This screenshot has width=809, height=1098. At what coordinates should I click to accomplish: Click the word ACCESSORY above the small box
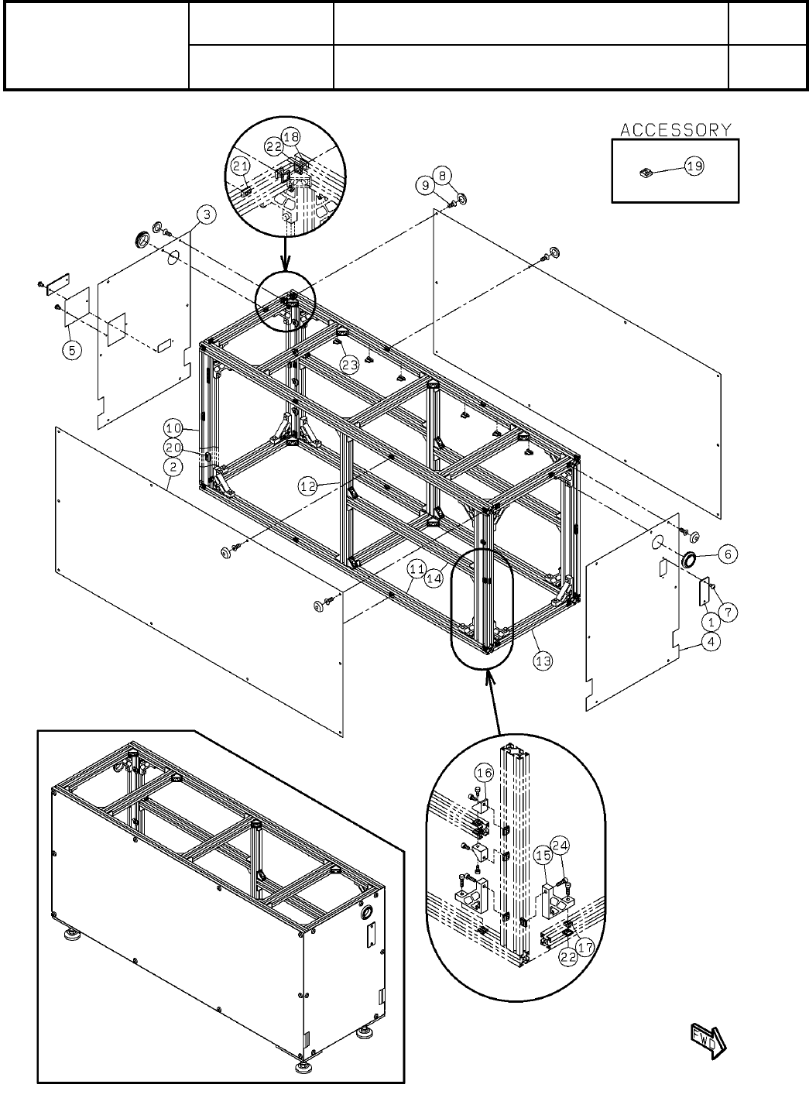pos(675,129)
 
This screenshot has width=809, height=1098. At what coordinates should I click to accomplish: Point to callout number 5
pos(71,350)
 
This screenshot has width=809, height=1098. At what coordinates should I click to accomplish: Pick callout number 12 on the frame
pos(309,486)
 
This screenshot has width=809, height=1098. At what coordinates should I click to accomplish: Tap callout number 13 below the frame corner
pos(543,661)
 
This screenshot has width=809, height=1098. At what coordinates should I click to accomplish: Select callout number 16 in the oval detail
pos(484,773)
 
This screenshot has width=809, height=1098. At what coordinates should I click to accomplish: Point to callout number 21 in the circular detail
pos(241,166)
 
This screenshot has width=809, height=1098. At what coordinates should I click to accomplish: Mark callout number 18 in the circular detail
pos(290,137)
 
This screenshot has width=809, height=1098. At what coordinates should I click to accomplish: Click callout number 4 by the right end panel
pos(710,642)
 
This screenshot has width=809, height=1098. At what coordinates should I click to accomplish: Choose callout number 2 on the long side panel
pos(173,467)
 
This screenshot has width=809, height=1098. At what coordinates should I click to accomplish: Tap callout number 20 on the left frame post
pos(173,448)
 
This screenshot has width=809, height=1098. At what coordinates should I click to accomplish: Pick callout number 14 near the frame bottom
pos(434,577)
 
